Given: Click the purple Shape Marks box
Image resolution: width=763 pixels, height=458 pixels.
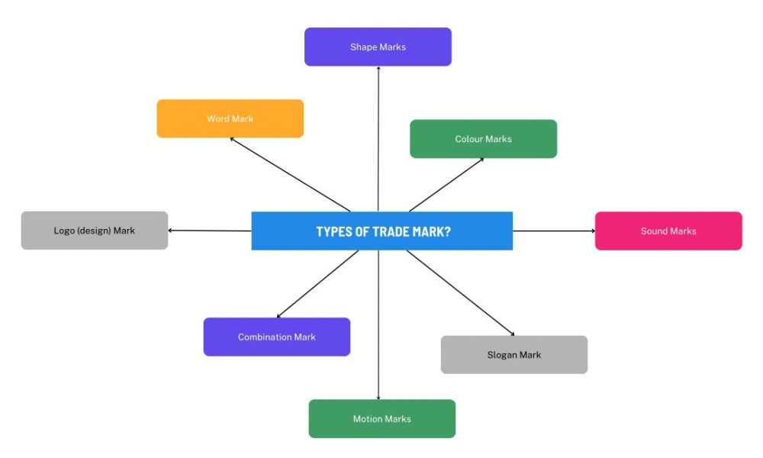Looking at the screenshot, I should [378, 47].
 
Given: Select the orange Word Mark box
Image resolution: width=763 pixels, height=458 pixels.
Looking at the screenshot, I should [230, 118].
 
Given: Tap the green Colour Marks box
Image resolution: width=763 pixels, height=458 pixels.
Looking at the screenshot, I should [483, 139].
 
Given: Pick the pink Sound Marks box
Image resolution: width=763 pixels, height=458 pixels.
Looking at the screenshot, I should [668, 231].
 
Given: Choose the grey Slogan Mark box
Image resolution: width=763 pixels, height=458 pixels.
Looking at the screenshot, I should [513, 355].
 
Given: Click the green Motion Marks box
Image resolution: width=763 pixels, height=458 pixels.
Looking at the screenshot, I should [381, 418].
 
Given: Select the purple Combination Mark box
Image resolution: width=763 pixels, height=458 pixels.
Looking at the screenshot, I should [276, 337].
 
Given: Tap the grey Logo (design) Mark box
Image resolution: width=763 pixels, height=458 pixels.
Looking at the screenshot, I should [94, 231].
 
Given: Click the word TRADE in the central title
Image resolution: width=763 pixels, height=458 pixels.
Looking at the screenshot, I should [391, 231].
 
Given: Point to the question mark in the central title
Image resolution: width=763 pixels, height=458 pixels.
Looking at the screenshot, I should [447, 231].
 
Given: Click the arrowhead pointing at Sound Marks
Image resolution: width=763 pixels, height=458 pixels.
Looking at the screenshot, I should [591, 231].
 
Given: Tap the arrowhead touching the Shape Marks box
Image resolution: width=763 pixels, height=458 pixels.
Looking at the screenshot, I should [378, 69].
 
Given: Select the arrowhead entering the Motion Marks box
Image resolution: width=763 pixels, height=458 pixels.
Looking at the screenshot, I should [378, 397].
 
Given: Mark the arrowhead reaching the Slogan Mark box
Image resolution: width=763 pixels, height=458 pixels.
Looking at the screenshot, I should [512, 334].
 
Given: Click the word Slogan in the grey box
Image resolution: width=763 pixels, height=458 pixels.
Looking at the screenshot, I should [503, 355].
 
